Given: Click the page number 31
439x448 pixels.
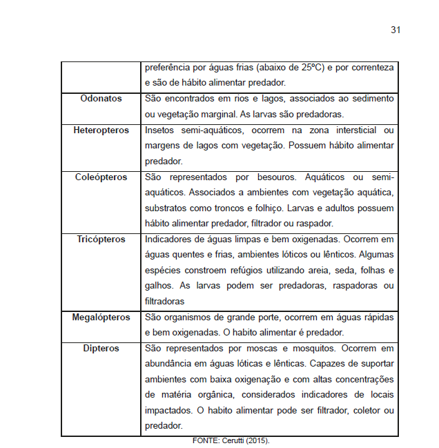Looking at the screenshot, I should (x=396, y=30).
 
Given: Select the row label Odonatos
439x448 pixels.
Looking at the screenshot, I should (x=101, y=99).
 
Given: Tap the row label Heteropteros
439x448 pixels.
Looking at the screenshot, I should (x=101, y=130).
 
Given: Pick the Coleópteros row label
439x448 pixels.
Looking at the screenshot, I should (x=101, y=177).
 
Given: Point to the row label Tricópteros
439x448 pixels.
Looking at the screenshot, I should (x=101, y=240).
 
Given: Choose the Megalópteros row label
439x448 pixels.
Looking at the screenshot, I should (x=101, y=318).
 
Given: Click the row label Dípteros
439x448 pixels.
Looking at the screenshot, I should (x=101, y=349).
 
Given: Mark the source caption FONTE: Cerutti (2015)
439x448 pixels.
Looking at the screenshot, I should (x=230, y=440).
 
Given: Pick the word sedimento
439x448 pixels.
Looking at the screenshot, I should (x=371, y=99).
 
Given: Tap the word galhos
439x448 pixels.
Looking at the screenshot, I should (x=158, y=286).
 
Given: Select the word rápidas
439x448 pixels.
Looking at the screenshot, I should (x=376, y=318).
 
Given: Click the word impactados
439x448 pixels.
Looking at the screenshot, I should (x=168, y=411).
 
